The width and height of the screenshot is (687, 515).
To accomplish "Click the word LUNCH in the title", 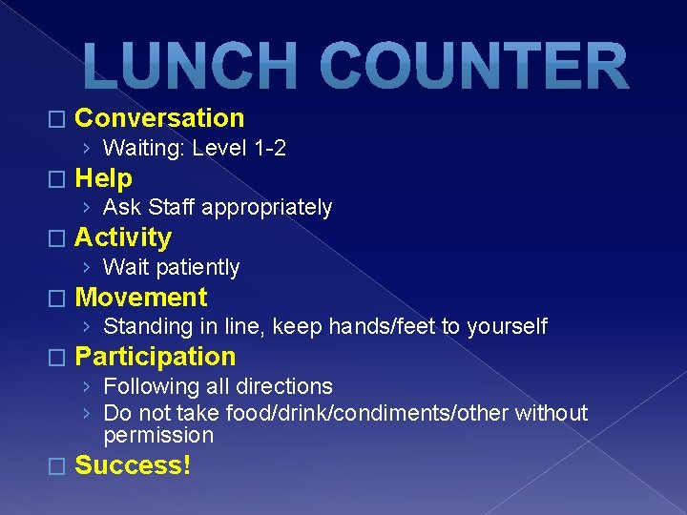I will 184,67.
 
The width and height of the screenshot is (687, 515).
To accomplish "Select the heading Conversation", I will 159,118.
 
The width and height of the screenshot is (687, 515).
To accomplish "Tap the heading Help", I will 103,177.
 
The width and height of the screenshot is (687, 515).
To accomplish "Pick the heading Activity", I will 122,237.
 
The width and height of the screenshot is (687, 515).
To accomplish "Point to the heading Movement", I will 140,297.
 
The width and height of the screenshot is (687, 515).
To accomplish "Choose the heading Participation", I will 155,357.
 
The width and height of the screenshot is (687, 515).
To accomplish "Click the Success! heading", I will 133,465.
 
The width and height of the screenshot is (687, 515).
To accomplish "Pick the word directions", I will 283,386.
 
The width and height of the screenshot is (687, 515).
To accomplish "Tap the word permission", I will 157,436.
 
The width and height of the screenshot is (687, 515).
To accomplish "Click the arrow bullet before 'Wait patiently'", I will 87,267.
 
